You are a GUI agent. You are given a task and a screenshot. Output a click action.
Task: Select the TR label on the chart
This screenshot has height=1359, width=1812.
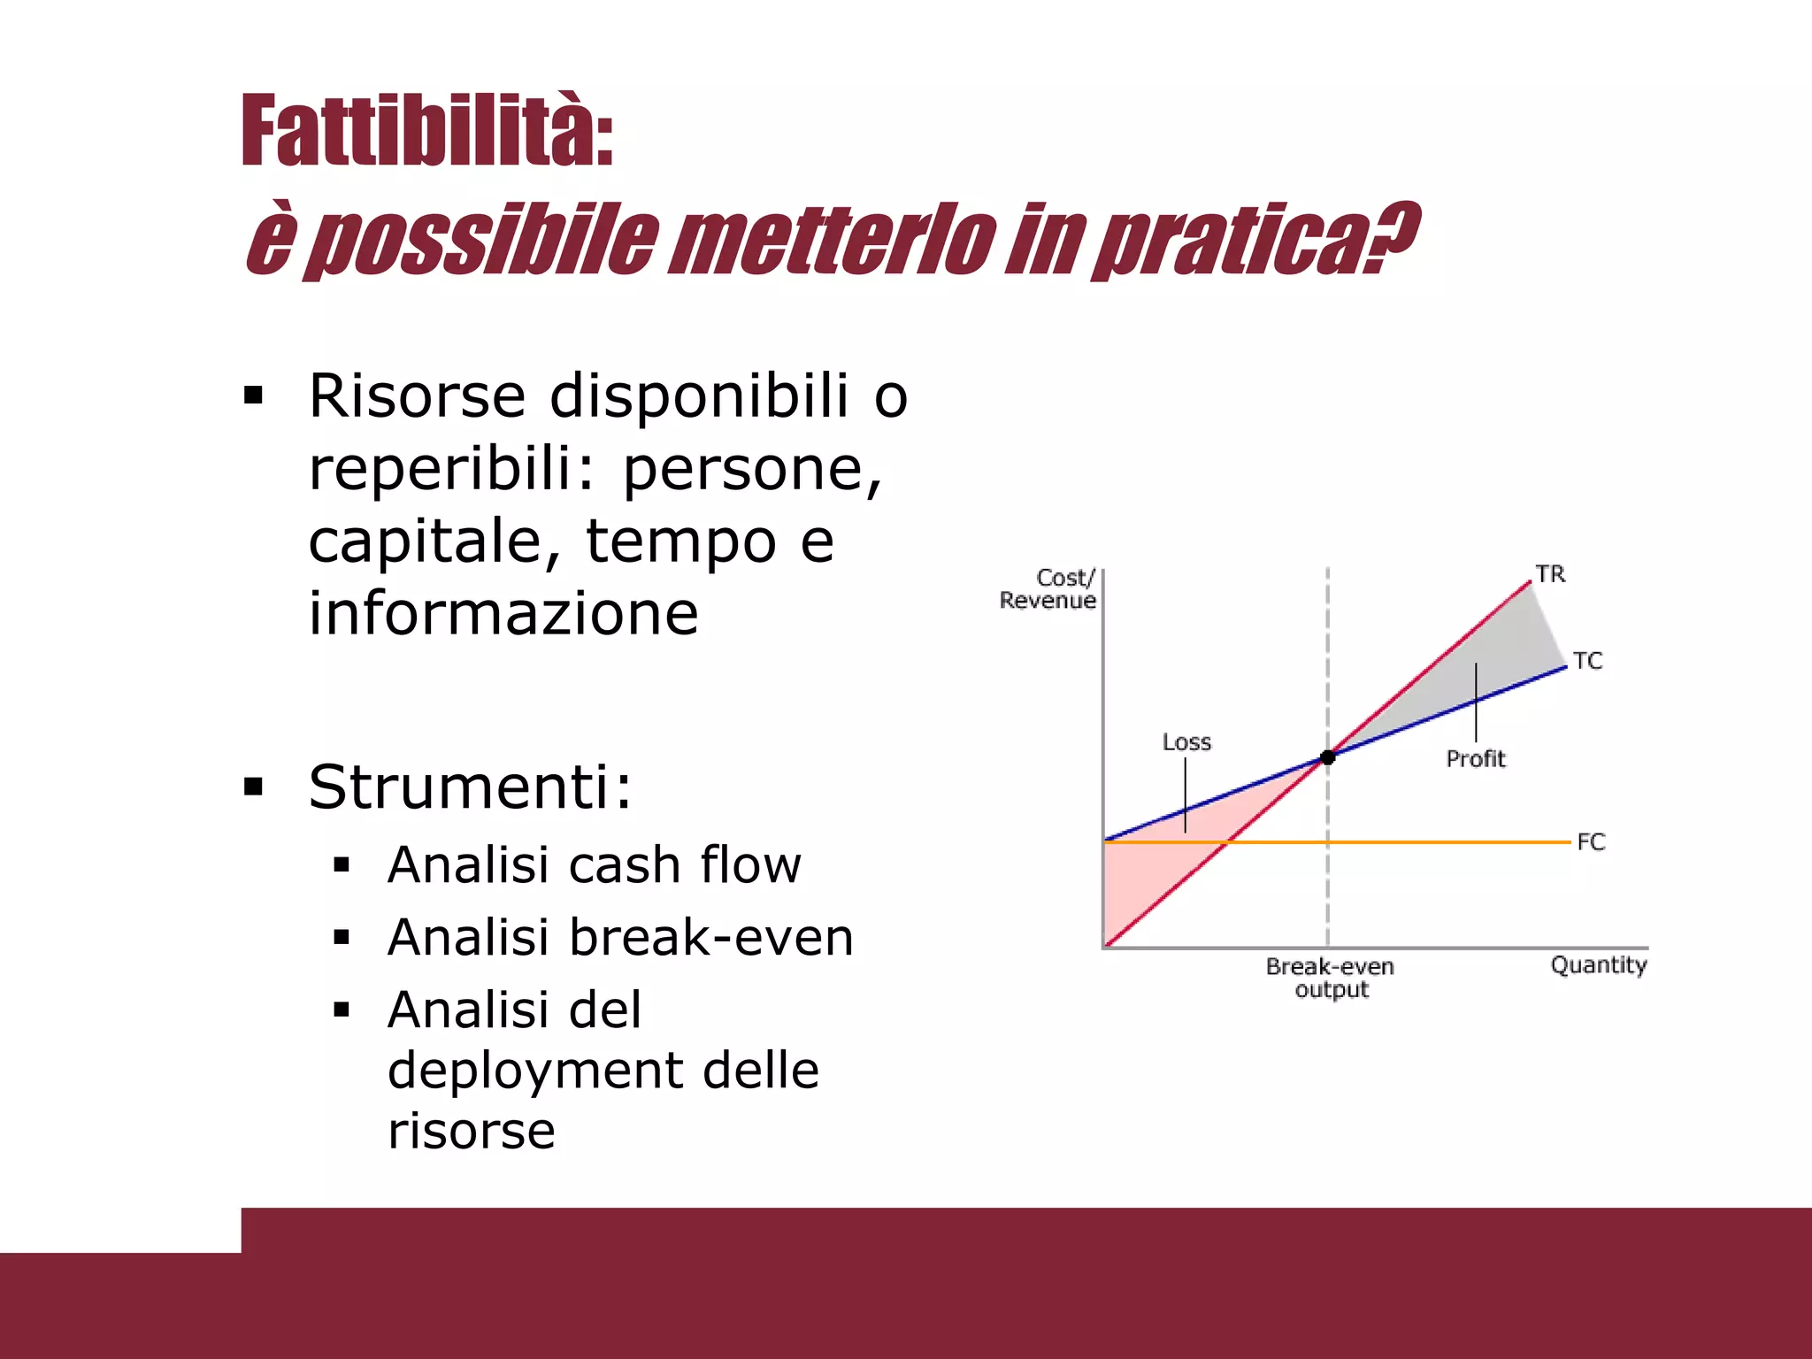(1550, 574)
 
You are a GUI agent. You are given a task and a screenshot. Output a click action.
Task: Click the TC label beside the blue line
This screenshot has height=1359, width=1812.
(1587, 661)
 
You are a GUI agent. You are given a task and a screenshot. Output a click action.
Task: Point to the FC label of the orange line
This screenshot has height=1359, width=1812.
(1590, 842)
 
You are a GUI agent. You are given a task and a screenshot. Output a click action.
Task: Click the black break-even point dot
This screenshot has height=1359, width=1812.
(1327, 757)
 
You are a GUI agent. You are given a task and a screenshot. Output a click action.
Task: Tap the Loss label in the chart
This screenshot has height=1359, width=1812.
(1186, 742)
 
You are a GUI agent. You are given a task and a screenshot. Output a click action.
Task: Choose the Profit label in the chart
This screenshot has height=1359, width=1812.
(1475, 758)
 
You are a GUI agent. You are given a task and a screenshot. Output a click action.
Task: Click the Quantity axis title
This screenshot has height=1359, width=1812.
(1598, 964)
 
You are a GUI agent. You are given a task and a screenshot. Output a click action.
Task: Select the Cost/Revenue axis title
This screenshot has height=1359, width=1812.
(1048, 589)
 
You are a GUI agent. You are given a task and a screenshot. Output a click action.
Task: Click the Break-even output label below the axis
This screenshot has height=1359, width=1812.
(1330, 978)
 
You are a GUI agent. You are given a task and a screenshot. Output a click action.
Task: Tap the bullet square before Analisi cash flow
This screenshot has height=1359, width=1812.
(342, 865)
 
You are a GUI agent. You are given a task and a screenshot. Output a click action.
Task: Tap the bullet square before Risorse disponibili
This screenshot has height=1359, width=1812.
(254, 395)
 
